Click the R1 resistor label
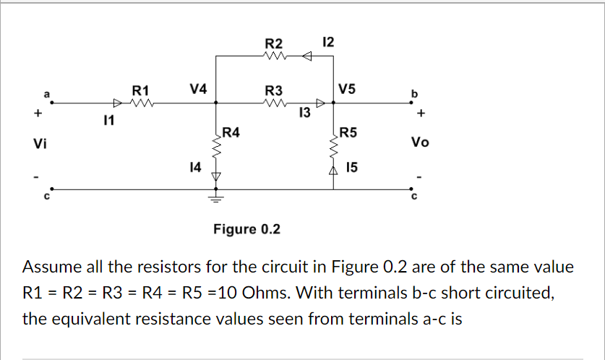click(x=140, y=90)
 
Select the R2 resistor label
click(x=274, y=43)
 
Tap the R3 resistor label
click(x=274, y=90)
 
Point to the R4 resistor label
click(x=232, y=132)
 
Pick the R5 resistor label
click(x=348, y=132)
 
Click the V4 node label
click(x=197, y=89)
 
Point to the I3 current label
click(x=304, y=113)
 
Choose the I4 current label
click(x=194, y=168)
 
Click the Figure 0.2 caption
click(x=246, y=230)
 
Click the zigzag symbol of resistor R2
click(x=275, y=56)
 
